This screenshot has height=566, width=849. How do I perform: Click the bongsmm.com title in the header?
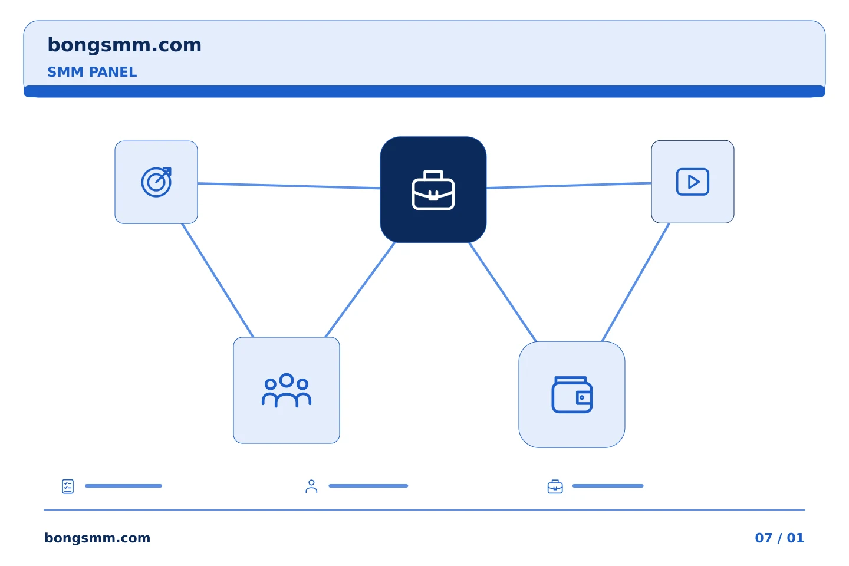click(124, 45)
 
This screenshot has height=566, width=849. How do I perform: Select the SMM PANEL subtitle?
click(92, 72)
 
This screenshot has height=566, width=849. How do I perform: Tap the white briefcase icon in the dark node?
click(433, 190)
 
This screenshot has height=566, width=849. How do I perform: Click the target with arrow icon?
click(156, 182)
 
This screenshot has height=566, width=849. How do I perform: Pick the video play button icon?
click(692, 182)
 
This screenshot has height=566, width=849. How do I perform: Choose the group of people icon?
click(286, 390)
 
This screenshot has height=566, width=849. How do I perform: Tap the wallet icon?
click(572, 394)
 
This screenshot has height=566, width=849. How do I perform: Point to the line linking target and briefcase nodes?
click(289, 186)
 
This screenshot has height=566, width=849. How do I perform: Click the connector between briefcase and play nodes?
click(569, 185)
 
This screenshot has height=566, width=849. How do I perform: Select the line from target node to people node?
click(218, 280)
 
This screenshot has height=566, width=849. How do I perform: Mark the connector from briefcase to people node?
click(360, 289)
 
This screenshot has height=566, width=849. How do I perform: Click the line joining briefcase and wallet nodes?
click(502, 292)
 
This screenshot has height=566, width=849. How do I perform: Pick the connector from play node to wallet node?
click(636, 282)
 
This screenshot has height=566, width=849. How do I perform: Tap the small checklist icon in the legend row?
click(68, 486)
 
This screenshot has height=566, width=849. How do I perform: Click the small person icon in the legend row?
click(311, 486)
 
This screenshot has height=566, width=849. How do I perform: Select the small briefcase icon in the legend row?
click(555, 486)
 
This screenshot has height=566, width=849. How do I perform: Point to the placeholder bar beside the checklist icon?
click(124, 486)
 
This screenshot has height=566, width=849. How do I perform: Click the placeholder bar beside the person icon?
click(368, 486)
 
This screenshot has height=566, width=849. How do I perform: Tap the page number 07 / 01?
click(779, 538)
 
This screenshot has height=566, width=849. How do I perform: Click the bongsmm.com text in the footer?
click(97, 538)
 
